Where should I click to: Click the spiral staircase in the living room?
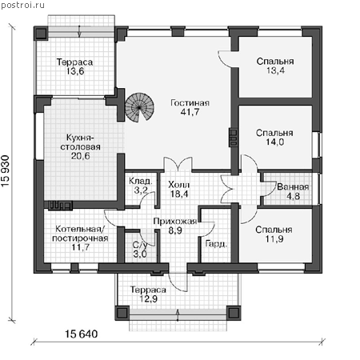tap(139, 107)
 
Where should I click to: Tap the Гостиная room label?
tap(190, 103)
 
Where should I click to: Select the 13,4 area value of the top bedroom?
tap(275, 70)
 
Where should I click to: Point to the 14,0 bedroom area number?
tap(274, 142)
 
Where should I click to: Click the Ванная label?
tap(293, 187)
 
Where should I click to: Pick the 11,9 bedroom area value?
tap(274, 239)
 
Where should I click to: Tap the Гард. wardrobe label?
tap(216, 244)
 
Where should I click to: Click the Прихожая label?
tap(175, 221)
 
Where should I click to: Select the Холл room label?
tap(179, 185)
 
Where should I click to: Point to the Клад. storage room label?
tap(141, 182)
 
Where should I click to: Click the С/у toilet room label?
tap(140, 245)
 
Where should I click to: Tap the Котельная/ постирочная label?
tap(80, 234)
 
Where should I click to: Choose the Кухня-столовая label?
tap(80, 142)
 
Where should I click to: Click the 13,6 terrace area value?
tap(75, 71)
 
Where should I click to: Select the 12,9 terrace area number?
tap(149, 299)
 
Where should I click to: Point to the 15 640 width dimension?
tap(82, 334)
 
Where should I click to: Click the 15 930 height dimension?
tap(6, 171)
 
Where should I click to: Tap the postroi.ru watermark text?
tap(22, 5)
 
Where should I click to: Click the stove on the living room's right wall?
tap(234, 137)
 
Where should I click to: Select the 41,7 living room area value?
tap(190, 112)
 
